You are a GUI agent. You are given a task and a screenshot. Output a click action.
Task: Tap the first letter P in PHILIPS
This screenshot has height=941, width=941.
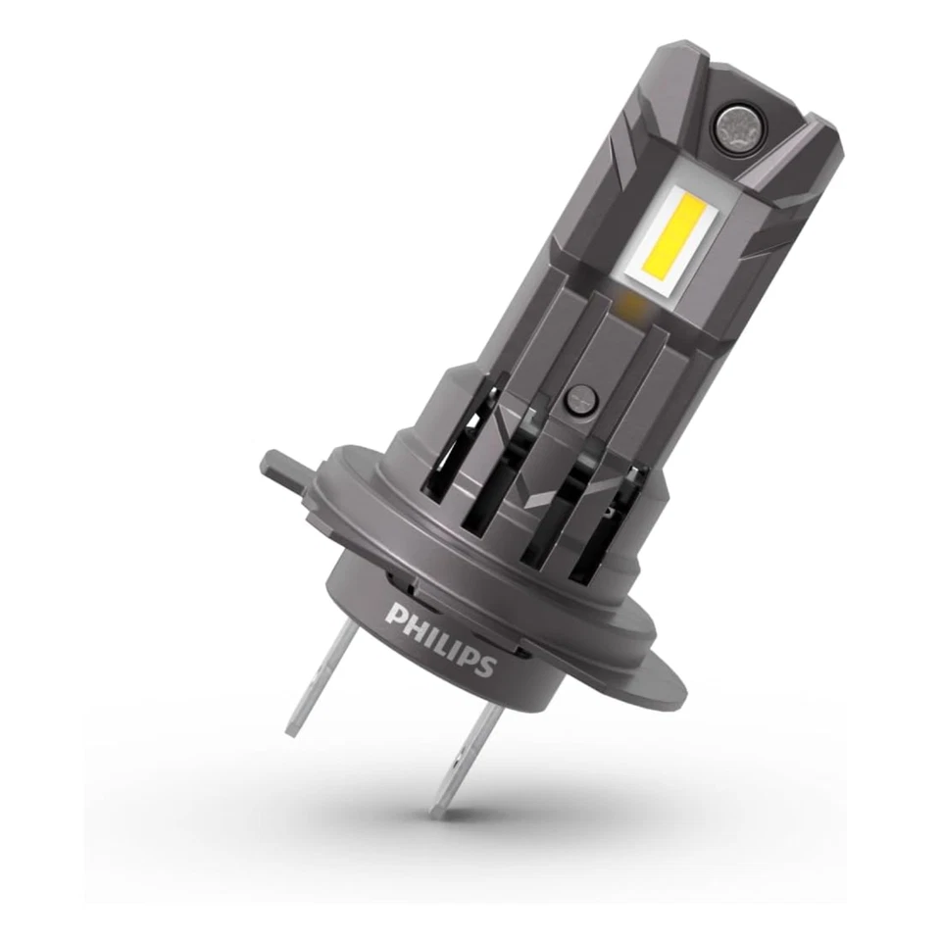pos(395,615)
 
